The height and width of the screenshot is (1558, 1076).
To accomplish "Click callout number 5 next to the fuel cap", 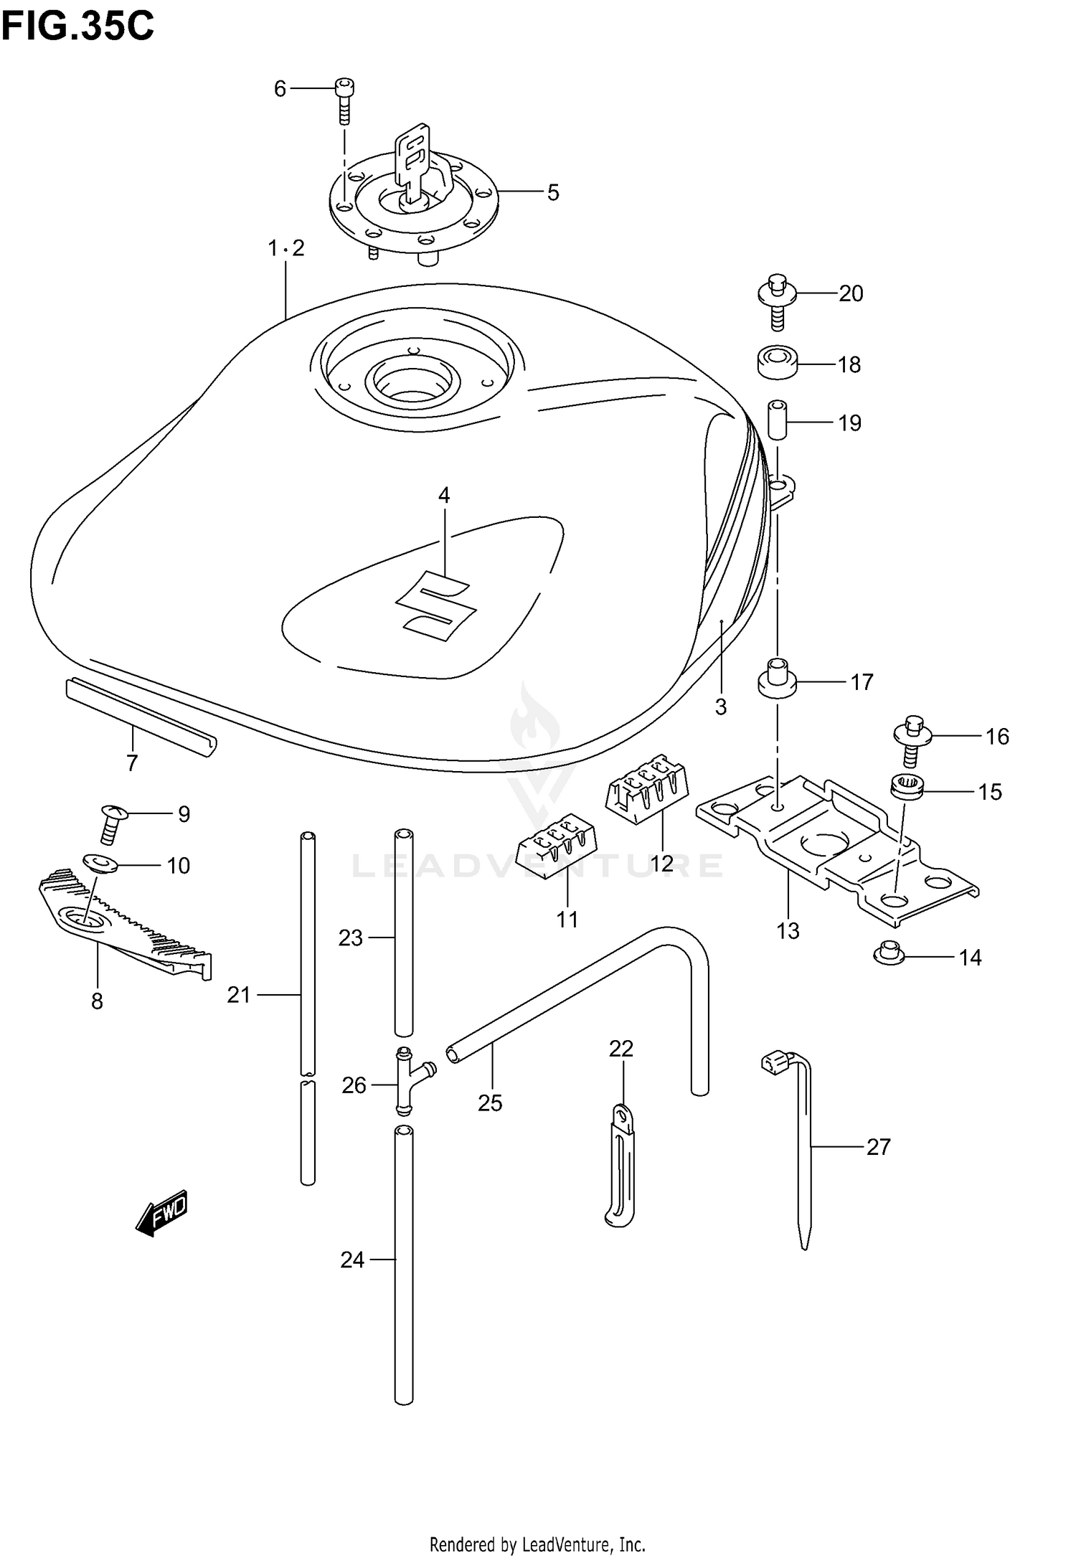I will coord(552,192).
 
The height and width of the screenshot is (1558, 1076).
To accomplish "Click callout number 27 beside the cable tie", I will coord(878,1146).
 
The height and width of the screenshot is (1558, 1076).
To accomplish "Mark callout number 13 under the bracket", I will coord(788,931).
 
